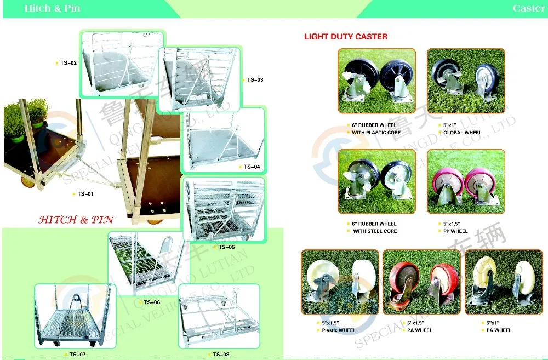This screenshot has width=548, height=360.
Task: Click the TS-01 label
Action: pos(85,193)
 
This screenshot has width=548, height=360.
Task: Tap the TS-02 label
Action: pos(68,63)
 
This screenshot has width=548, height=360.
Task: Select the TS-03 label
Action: pos(255,80)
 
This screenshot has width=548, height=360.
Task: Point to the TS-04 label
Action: pos(252,167)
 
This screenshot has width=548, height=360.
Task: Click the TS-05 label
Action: pos(226,247)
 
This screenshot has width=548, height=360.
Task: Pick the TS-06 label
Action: pos(152,302)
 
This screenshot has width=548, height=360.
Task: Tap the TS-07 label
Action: pos(77,355)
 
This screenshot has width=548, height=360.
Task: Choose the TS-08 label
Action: pos(221,355)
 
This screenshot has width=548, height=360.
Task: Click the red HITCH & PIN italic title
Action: pos(76,220)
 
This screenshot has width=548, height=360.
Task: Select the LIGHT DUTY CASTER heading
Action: pos(346,37)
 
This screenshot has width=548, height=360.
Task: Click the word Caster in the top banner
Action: pos(528,8)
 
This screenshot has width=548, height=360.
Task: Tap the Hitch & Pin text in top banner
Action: pos(52,8)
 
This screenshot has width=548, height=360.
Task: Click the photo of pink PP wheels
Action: pos(466,181)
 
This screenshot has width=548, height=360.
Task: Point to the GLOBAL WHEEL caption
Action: pos(463,133)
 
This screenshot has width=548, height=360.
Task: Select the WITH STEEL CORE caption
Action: pos(375,231)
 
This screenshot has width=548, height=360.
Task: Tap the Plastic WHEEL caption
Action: pos(339,330)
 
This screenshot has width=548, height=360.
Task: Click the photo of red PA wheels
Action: pos(421,282)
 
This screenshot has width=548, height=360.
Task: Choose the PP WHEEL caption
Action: pos(455,231)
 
